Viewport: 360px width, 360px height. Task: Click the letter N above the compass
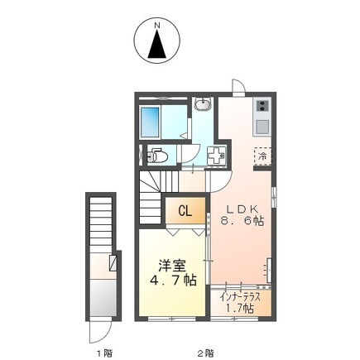pos(157,26)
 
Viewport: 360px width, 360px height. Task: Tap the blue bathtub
pos(151,122)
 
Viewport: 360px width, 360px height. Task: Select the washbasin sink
pos(203,104)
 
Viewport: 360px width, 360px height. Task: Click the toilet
pos(157,156)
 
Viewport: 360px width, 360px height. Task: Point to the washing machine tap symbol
pos(218,156)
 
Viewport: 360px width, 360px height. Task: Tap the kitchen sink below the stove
pos(262,127)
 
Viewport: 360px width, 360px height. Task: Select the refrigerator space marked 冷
pos(262,156)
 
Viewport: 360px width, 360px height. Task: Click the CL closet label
pos(185,211)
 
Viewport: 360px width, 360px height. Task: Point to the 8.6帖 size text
pos(242,221)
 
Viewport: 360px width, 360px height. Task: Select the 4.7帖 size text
pos(173,281)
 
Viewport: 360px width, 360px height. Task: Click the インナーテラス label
pos(241,297)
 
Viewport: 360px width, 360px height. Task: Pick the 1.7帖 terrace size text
pos(241,309)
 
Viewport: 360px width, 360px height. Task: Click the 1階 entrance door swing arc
pos(106,335)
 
